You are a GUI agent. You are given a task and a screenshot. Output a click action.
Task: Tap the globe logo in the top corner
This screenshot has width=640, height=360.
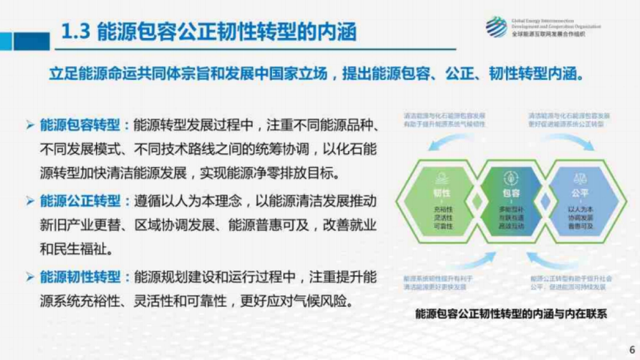click(x=497, y=26)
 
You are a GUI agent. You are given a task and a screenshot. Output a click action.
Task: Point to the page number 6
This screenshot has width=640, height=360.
click(x=631, y=350)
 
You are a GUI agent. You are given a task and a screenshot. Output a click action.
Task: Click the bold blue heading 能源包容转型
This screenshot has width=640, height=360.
click(x=80, y=125)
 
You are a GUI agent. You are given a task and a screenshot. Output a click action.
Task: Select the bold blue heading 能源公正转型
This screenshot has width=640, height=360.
click(x=80, y=201)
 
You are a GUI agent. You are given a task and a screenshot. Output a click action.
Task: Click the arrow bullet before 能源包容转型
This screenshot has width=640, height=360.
click(x=30, y=126)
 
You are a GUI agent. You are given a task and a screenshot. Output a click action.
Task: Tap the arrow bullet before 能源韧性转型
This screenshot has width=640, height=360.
click(x=30, y=277)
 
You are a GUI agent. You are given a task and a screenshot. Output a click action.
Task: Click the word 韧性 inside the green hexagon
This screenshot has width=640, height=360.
click(x=442, y=193)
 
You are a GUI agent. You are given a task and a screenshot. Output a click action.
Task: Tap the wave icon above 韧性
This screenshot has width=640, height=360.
click(x=442, y=179)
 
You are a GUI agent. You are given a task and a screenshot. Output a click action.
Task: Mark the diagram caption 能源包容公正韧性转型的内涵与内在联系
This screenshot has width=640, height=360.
click(x=511, y=314)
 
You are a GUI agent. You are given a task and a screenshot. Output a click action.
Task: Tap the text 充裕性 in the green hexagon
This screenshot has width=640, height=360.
click(x=442, y=210)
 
